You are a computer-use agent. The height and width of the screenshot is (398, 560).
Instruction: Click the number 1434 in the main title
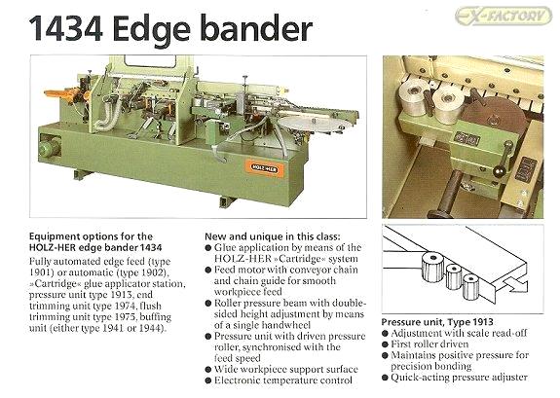point(66,29)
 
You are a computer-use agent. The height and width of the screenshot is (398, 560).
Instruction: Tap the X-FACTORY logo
point(504,17)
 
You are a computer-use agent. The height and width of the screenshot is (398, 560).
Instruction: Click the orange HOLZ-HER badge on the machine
point(264,168)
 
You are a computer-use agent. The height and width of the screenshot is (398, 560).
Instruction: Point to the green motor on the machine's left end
point(49,148)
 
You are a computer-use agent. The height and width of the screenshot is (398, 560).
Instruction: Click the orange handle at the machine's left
point(61,95)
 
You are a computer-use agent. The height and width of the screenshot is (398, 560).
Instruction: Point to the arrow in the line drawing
point(515,283)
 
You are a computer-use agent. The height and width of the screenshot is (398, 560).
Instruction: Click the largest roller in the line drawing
point(433,267)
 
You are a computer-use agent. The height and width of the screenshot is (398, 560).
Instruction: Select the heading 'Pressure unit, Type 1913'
point(437,322)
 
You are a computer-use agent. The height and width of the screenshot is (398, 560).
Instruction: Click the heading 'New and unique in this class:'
point(273,236)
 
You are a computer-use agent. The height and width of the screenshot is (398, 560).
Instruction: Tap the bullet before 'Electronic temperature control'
point(208,380)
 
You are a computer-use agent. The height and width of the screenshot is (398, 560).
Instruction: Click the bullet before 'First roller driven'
point(385,344)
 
